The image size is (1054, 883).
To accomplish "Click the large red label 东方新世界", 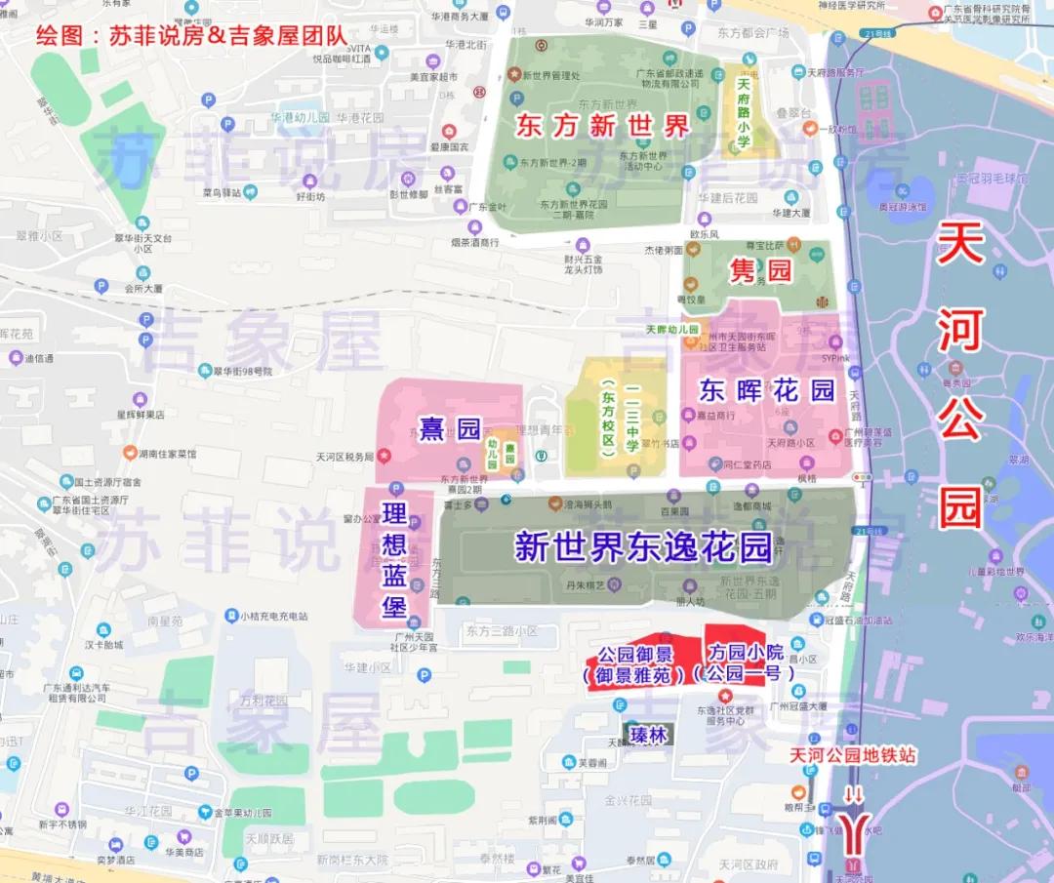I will click(603, 125).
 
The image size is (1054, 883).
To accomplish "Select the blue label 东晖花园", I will click(768, 390).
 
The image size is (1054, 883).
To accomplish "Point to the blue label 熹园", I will click(451, 427).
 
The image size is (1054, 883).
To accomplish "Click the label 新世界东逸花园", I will click(643, 547).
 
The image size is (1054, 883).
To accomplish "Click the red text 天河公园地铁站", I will click(854, 756).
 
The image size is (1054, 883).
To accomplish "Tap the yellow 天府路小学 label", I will click(743, 114).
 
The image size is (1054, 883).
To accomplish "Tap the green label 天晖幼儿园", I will click(672, 330).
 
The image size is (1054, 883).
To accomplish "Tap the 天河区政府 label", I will click(749, 864).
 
